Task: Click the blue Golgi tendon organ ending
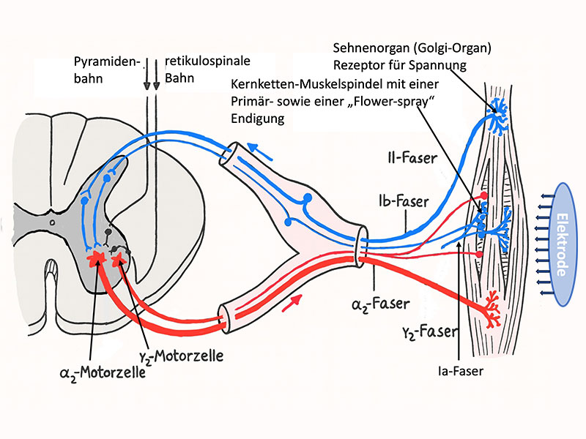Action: pos(501,112)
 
